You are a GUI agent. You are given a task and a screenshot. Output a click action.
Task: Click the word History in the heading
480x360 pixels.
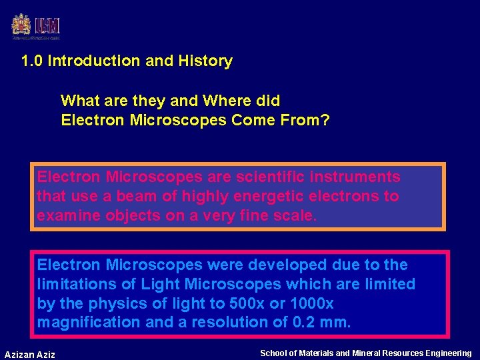[205, 61]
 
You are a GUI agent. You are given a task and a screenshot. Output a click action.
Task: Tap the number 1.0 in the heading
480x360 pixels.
[32, 61]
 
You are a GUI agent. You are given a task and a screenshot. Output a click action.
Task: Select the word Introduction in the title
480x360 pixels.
[94, 61]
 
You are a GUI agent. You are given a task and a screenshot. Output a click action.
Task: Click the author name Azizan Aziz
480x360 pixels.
[30, 354]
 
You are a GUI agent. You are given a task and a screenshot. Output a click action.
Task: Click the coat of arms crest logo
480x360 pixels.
[21, 25]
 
